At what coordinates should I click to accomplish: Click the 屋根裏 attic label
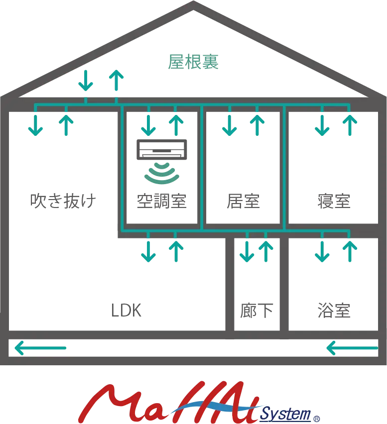click(193, 62)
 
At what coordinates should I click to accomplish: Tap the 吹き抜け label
click(63, 201)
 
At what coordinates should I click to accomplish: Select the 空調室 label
click(162, 201)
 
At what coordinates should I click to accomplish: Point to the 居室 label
click(243, 201)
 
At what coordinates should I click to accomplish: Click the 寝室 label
click(334, 201)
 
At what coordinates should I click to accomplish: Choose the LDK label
click(126, 311)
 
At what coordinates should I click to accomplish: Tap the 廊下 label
click(257, 311)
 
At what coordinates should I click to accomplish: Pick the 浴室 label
click(334, 311)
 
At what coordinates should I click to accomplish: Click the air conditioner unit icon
click(162, 150)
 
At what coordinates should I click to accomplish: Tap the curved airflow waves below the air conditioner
click(162, 172)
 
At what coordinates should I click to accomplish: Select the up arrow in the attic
click(116, 81)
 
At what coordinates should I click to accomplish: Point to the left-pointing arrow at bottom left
click(40, 347)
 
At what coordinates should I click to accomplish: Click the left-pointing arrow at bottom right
click(352, 347)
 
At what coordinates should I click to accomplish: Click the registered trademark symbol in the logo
click(316, 418)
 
